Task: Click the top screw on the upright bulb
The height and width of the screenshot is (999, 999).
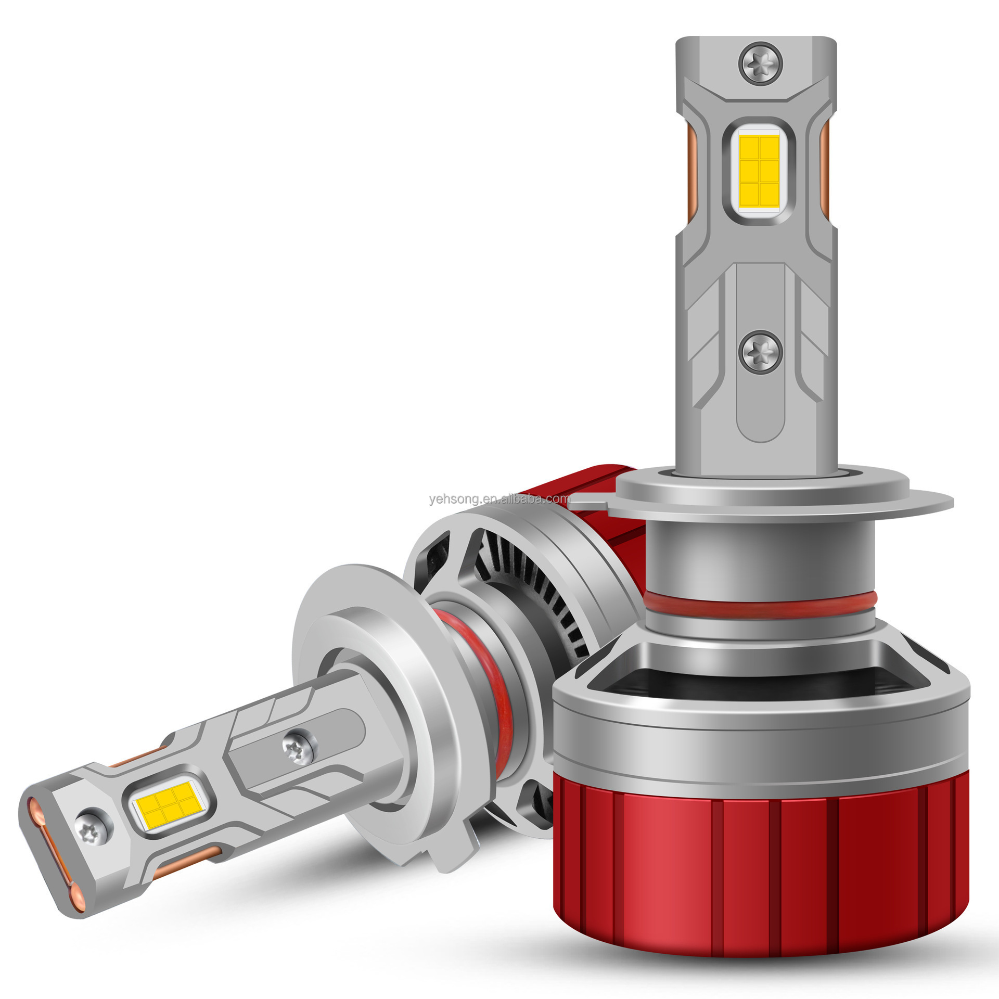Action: coord(761,63)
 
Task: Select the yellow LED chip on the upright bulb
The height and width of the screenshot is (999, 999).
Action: coord(759,171)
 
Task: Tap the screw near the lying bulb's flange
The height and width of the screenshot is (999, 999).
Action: coord(299,747)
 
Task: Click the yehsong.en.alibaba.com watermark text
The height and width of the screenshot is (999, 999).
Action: coord(500,499)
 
